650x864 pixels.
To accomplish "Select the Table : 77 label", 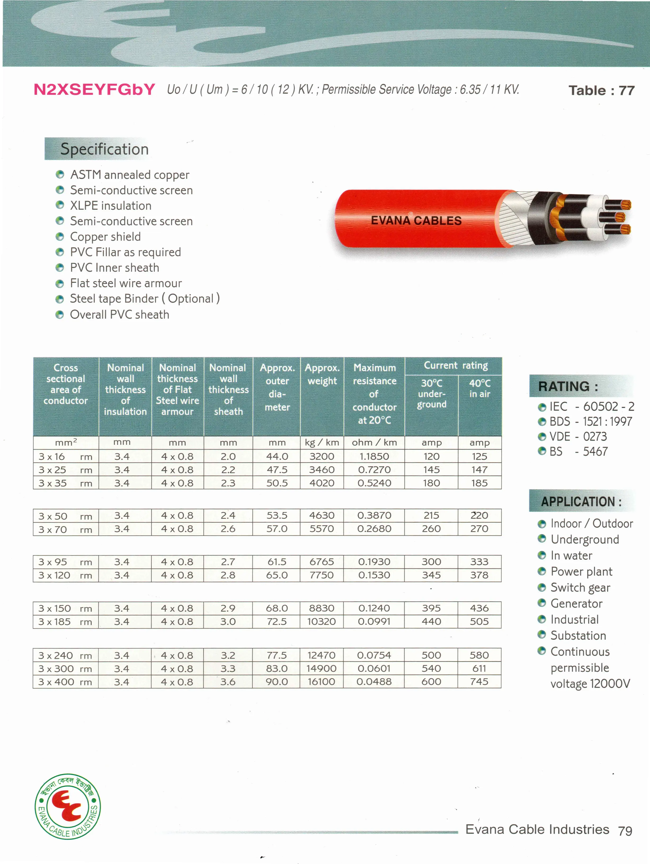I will pos(601,91).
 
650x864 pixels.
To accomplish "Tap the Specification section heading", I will pos(104,149).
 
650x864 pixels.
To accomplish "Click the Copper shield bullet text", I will pos(105,237).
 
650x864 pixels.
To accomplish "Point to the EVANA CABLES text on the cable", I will pos(416,221).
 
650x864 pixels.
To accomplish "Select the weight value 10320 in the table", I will pos(322,621).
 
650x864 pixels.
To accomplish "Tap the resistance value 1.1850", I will pos(374,456).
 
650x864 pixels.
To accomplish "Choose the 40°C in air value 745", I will pos(479,682).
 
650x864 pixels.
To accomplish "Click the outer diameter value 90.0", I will pos(277,682).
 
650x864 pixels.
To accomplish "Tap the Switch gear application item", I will pos(580,588).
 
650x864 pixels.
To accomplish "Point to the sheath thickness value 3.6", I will pos(228,682).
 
